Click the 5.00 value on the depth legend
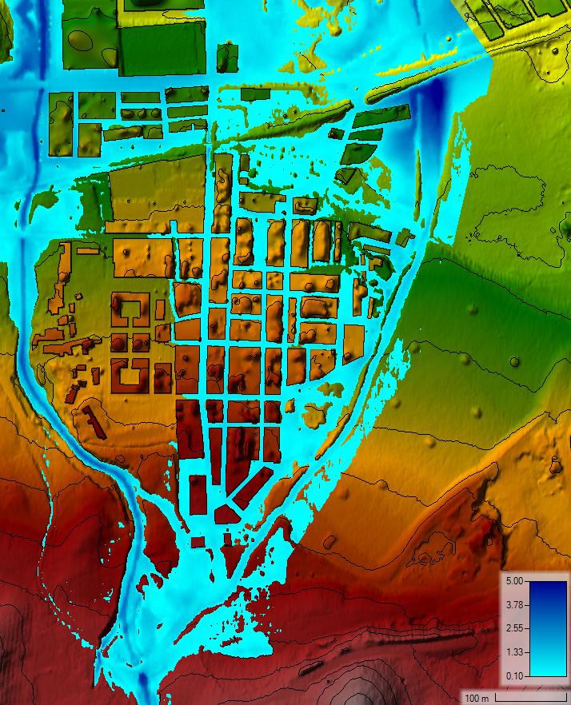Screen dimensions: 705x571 tap(514, 581)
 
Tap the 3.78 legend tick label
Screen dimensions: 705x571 tap(514, 604)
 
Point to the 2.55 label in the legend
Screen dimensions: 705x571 tap(514, 628)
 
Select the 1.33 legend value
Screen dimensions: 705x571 tap(514, 652)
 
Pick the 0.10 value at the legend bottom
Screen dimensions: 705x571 tap(514, 676)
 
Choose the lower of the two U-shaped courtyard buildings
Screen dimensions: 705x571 tap(130, 372)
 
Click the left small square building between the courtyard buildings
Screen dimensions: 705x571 tap(118, 344)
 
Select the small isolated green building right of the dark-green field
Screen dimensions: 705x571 tap(227, 57)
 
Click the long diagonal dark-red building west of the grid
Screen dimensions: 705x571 tap(94, 424)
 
